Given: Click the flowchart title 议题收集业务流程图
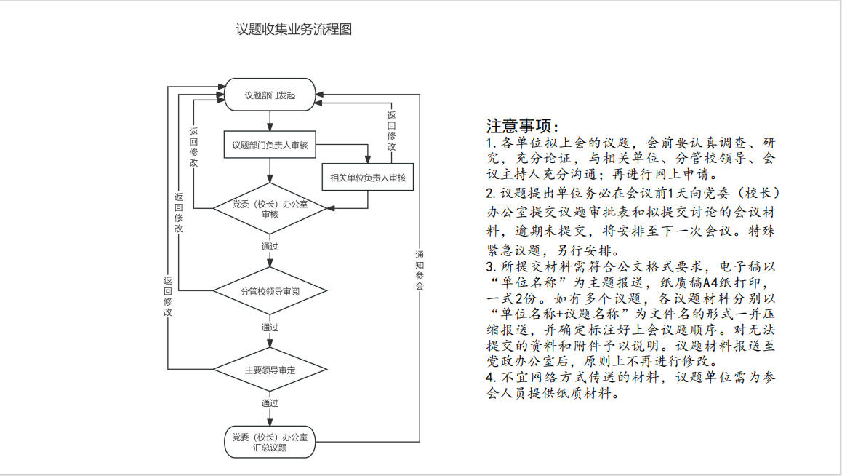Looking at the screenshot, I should click(294, 30).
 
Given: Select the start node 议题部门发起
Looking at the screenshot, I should click(270, 95).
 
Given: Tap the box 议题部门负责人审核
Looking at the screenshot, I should click(270, 146).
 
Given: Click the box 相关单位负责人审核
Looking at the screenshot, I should click(368, 178).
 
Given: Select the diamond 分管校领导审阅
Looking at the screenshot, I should click(270, 292).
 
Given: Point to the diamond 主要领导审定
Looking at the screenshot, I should click(270, 370).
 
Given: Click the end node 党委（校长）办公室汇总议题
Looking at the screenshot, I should click(270, 443).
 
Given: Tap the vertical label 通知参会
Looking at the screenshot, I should click(420, 270).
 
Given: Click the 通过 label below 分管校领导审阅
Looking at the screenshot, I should click(270, 328).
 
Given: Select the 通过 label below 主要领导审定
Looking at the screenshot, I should click(270, 402).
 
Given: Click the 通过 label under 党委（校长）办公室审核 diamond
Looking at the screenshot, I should click(270, 246).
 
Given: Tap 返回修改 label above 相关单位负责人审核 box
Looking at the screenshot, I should click(391, 131).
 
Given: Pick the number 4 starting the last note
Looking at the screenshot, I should click(490, 377).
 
